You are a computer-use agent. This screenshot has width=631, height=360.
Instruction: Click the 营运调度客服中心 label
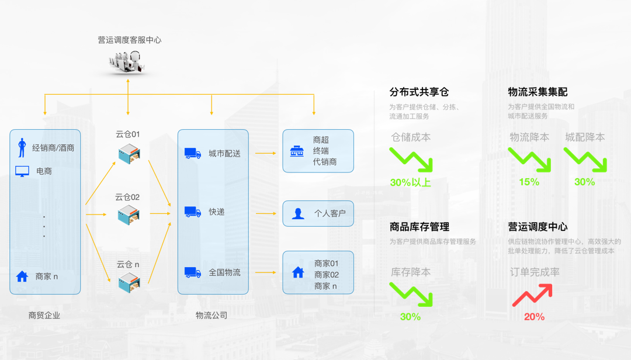130,40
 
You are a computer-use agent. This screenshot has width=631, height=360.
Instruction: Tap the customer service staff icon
128,61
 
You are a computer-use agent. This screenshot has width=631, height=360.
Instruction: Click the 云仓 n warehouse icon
128,282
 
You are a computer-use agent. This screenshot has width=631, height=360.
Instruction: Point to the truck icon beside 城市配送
193,154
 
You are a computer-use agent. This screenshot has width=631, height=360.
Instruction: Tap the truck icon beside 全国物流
193,272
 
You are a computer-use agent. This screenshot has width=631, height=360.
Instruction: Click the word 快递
217,212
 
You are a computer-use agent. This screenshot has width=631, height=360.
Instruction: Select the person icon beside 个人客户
299,213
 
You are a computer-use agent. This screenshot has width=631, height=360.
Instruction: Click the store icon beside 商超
297,151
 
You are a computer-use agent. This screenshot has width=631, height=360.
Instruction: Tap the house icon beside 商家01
298,272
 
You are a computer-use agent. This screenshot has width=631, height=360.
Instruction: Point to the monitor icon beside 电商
22,171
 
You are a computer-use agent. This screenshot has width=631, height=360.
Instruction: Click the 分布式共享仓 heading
419,92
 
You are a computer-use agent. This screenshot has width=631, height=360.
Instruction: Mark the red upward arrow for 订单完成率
532,295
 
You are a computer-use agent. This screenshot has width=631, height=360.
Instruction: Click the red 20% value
534,317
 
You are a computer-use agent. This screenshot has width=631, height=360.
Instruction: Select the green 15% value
529,182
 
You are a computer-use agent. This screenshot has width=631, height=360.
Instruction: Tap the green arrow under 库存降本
411,295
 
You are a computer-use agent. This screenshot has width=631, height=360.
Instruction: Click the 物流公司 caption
211,316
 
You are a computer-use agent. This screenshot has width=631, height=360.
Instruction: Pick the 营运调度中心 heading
538,227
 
